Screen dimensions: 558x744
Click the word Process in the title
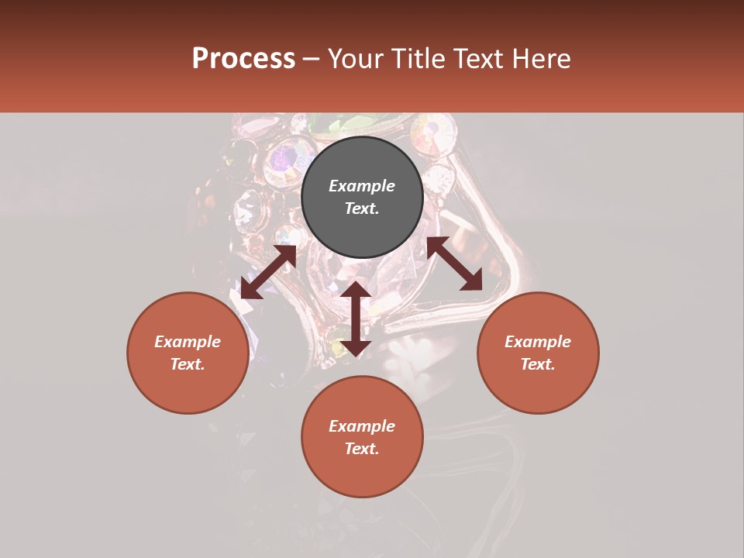(243, 59)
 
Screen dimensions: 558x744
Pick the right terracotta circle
(538, 384)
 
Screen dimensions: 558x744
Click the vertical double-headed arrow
(356, 319)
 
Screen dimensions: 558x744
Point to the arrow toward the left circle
(268, 272)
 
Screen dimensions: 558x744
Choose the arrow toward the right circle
(454, 263)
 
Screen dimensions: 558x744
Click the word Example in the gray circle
(362, 186)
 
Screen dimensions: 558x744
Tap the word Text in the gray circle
(362, 208)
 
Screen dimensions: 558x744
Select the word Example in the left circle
(188, 342)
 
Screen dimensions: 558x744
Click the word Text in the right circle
(538, 364)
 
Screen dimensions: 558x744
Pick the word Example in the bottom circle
(362, 426)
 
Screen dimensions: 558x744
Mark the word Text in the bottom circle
(362, 449)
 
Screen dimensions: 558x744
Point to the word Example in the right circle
(538, 342)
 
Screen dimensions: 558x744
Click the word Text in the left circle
(188, 364)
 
